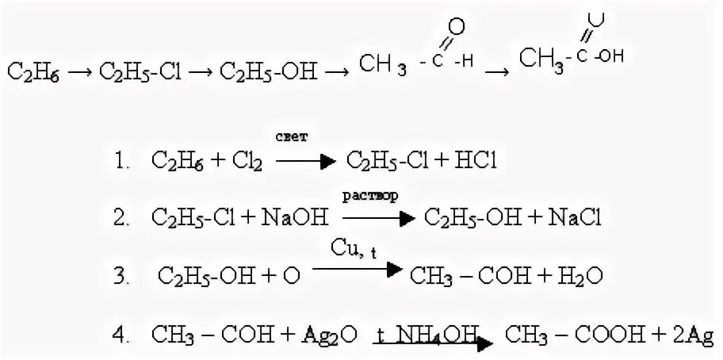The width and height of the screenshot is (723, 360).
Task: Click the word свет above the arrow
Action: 292,137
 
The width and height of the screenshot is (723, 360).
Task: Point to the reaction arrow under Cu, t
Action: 356,270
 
